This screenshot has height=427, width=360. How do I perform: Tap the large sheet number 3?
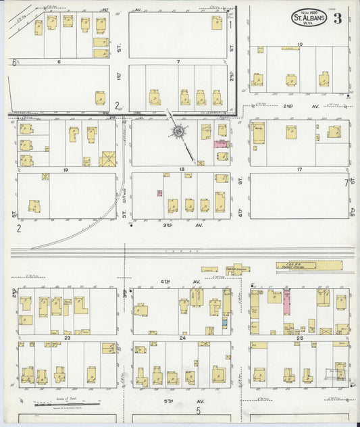[x=336, y=18]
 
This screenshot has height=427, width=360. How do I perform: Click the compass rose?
[x=178, y=131]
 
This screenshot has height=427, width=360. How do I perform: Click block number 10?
[x=299, y=44]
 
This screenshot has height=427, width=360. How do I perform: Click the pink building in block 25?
[x=286, y=301]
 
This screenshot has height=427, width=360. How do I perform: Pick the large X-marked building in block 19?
[x=108, y=159]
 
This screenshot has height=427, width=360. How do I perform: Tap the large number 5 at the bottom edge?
[x=199, y=410]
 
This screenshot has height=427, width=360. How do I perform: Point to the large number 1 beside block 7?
[x=230, y=25]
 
